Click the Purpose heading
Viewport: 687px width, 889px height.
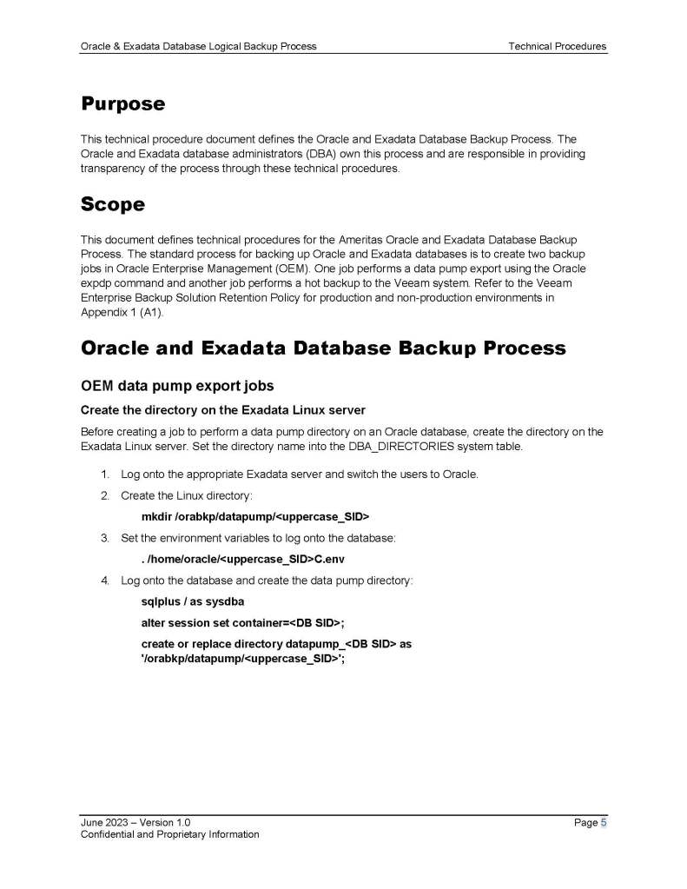[122, 104]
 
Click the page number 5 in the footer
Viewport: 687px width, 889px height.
[603, 822]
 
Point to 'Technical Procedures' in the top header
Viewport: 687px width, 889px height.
[557, 46]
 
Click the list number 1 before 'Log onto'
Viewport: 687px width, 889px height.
[104, 474]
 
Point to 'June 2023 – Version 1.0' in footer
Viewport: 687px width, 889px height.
[135, 822]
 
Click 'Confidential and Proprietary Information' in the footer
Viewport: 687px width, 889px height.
[169, 835]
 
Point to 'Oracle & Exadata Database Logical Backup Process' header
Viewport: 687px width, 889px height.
[198, 46]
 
